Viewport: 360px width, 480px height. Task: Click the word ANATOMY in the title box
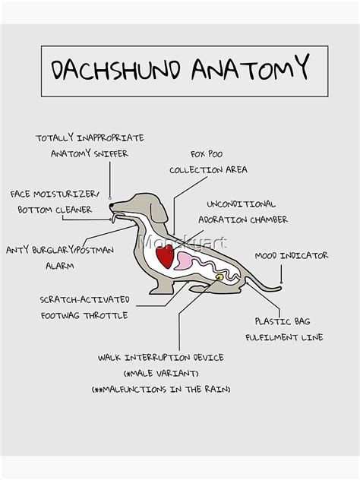(251, 68)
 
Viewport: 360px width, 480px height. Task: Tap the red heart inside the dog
(166, 256)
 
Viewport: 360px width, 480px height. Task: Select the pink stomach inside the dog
(185, 262)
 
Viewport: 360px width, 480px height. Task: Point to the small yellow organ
(219, 277)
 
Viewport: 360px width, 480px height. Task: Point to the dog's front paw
(156, 290)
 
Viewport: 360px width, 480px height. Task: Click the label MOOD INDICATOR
(292, 256)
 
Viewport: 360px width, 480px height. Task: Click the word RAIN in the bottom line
(214, 389)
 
